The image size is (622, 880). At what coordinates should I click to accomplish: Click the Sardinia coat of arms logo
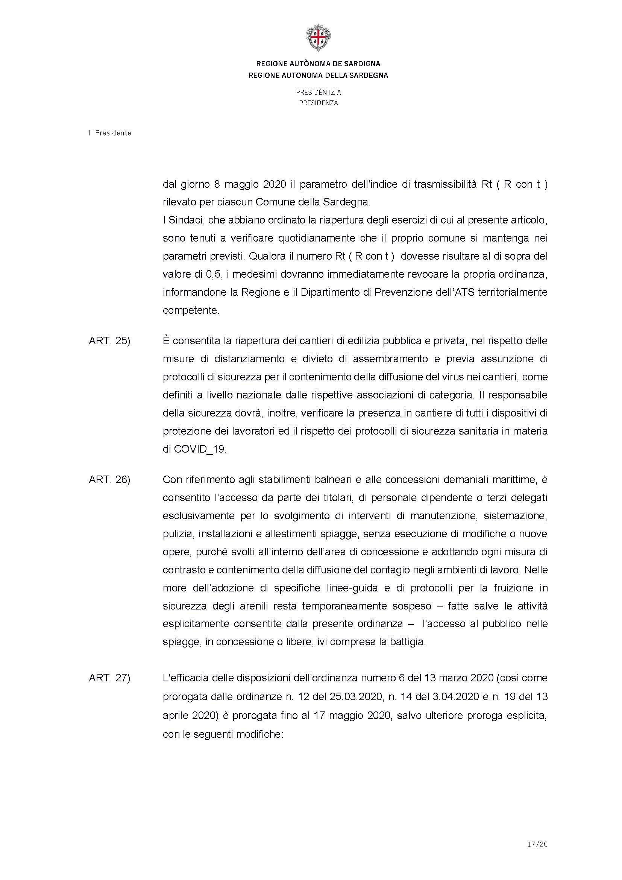point(318,38)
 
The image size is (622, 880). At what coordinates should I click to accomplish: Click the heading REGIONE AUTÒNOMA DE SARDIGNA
point(318,64)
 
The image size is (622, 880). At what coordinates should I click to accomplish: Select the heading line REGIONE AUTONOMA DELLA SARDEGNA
point(318,76)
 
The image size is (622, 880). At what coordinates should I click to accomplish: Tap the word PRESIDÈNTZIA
point(318,93)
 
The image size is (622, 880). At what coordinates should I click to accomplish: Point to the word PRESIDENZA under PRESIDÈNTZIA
point(318,103)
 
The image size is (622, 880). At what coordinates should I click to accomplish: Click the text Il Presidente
point(110,133)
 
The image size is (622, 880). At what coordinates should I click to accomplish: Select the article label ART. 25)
point(109,341)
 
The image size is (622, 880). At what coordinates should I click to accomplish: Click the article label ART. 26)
point(109,479)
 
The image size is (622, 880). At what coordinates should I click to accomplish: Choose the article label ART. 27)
point(109,678)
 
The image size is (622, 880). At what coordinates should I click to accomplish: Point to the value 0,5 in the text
point(210,274)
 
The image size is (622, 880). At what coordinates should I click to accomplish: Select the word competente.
point(191,310)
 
